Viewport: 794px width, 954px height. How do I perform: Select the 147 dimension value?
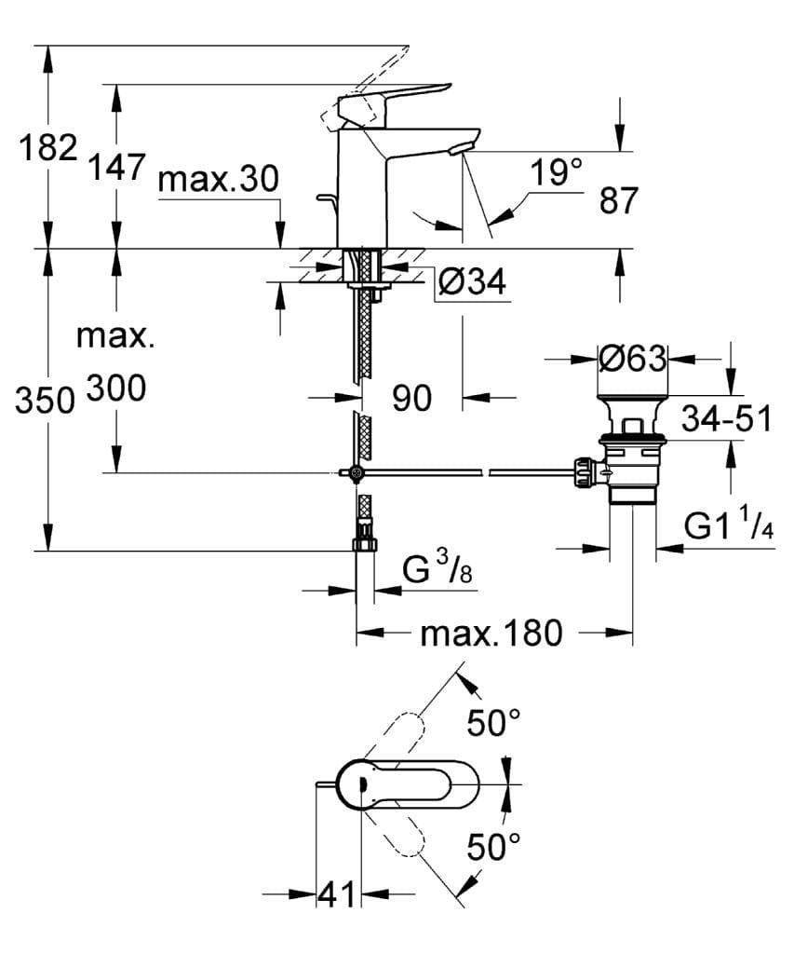(116, 168)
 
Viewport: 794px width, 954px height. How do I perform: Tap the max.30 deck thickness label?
(218, 180)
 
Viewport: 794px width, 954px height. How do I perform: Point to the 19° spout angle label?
(556, 172)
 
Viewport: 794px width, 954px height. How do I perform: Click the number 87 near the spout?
(619, 201)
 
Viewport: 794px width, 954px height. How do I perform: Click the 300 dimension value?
(116, 388)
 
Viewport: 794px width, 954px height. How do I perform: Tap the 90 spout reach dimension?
(411, 399)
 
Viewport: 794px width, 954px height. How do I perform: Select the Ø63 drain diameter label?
(632, 359)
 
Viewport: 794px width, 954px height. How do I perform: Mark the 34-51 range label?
(726, 420)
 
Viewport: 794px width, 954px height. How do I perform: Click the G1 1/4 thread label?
(730, 527)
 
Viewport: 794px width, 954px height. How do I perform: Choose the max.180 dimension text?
(491, 634)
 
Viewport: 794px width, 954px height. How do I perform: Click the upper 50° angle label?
(493, 722)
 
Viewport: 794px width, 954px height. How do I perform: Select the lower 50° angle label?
(493, 847)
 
